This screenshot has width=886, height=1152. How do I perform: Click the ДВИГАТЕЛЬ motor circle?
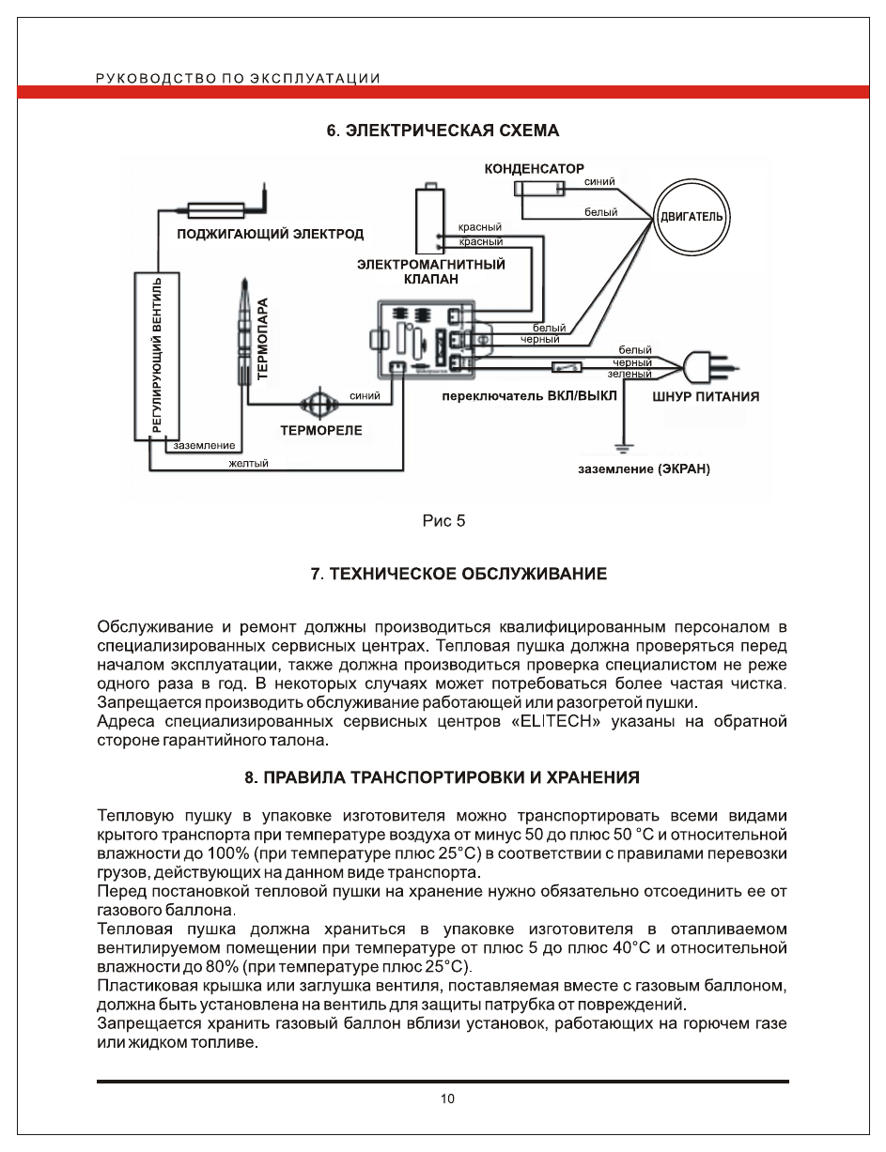[692, 217]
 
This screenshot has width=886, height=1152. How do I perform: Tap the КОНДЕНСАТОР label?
[534, 169]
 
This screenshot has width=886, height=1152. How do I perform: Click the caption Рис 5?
[443, 521]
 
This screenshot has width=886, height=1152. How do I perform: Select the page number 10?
[447, 1098]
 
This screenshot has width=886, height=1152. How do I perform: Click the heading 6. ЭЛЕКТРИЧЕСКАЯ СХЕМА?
[443, 131]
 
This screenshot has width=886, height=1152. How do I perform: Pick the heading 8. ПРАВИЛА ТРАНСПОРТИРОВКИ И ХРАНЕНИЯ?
[443, 777]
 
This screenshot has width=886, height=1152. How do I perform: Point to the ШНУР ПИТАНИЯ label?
[706, 396]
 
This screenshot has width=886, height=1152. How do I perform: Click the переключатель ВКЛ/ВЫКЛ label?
[530, 396]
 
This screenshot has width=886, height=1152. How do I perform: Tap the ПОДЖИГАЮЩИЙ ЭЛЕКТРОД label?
[271, 233]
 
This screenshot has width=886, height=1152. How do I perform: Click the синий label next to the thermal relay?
[364, 396]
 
